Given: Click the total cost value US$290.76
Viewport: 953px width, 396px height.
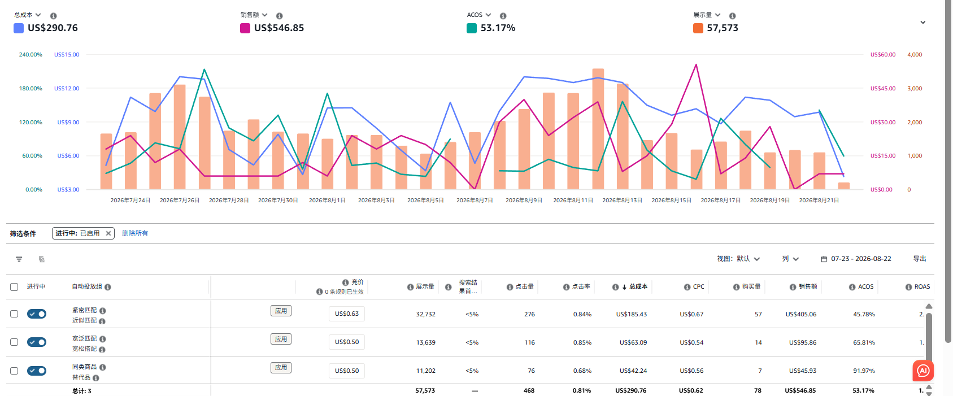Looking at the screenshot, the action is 53,28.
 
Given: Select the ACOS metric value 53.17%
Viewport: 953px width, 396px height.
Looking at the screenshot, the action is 498,28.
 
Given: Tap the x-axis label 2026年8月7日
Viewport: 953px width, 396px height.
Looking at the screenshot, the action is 475,201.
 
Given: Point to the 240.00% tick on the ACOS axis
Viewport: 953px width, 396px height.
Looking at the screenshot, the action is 31,54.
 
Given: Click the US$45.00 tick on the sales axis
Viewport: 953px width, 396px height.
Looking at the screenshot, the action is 883,89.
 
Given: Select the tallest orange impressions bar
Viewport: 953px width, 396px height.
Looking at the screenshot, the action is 598,129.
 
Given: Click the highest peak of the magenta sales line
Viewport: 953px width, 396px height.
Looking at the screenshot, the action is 696,64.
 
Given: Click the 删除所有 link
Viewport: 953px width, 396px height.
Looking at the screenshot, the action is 135,233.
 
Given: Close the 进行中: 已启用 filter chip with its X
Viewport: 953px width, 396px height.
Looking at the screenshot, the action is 108,233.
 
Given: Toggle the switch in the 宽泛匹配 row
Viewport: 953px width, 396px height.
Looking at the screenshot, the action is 37,342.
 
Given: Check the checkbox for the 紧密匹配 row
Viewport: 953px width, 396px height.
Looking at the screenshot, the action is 14,314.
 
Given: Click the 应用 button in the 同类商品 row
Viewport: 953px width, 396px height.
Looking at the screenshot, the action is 281,368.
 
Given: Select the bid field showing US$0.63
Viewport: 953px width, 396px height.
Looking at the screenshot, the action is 347,314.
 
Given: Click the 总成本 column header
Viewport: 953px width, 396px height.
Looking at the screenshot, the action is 638,286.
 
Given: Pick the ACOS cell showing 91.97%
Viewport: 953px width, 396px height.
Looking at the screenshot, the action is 864,371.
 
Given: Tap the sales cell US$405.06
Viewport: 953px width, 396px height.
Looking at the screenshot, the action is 800,314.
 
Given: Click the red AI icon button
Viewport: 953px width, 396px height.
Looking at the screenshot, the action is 923,371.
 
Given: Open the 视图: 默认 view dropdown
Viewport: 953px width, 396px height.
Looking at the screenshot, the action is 738,259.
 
